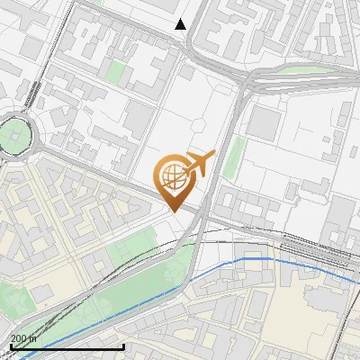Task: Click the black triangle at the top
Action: coord(181,24)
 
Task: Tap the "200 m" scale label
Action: coord(23,338)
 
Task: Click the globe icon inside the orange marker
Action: coord(173,176)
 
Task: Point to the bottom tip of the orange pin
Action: coord(174,211)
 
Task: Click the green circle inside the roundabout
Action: coord(13,137)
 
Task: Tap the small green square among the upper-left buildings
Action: coord(115,72)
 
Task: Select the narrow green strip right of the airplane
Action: coord(233,158)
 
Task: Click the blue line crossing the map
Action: coord(243,259)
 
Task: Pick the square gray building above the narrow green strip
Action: coord(262,123)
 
